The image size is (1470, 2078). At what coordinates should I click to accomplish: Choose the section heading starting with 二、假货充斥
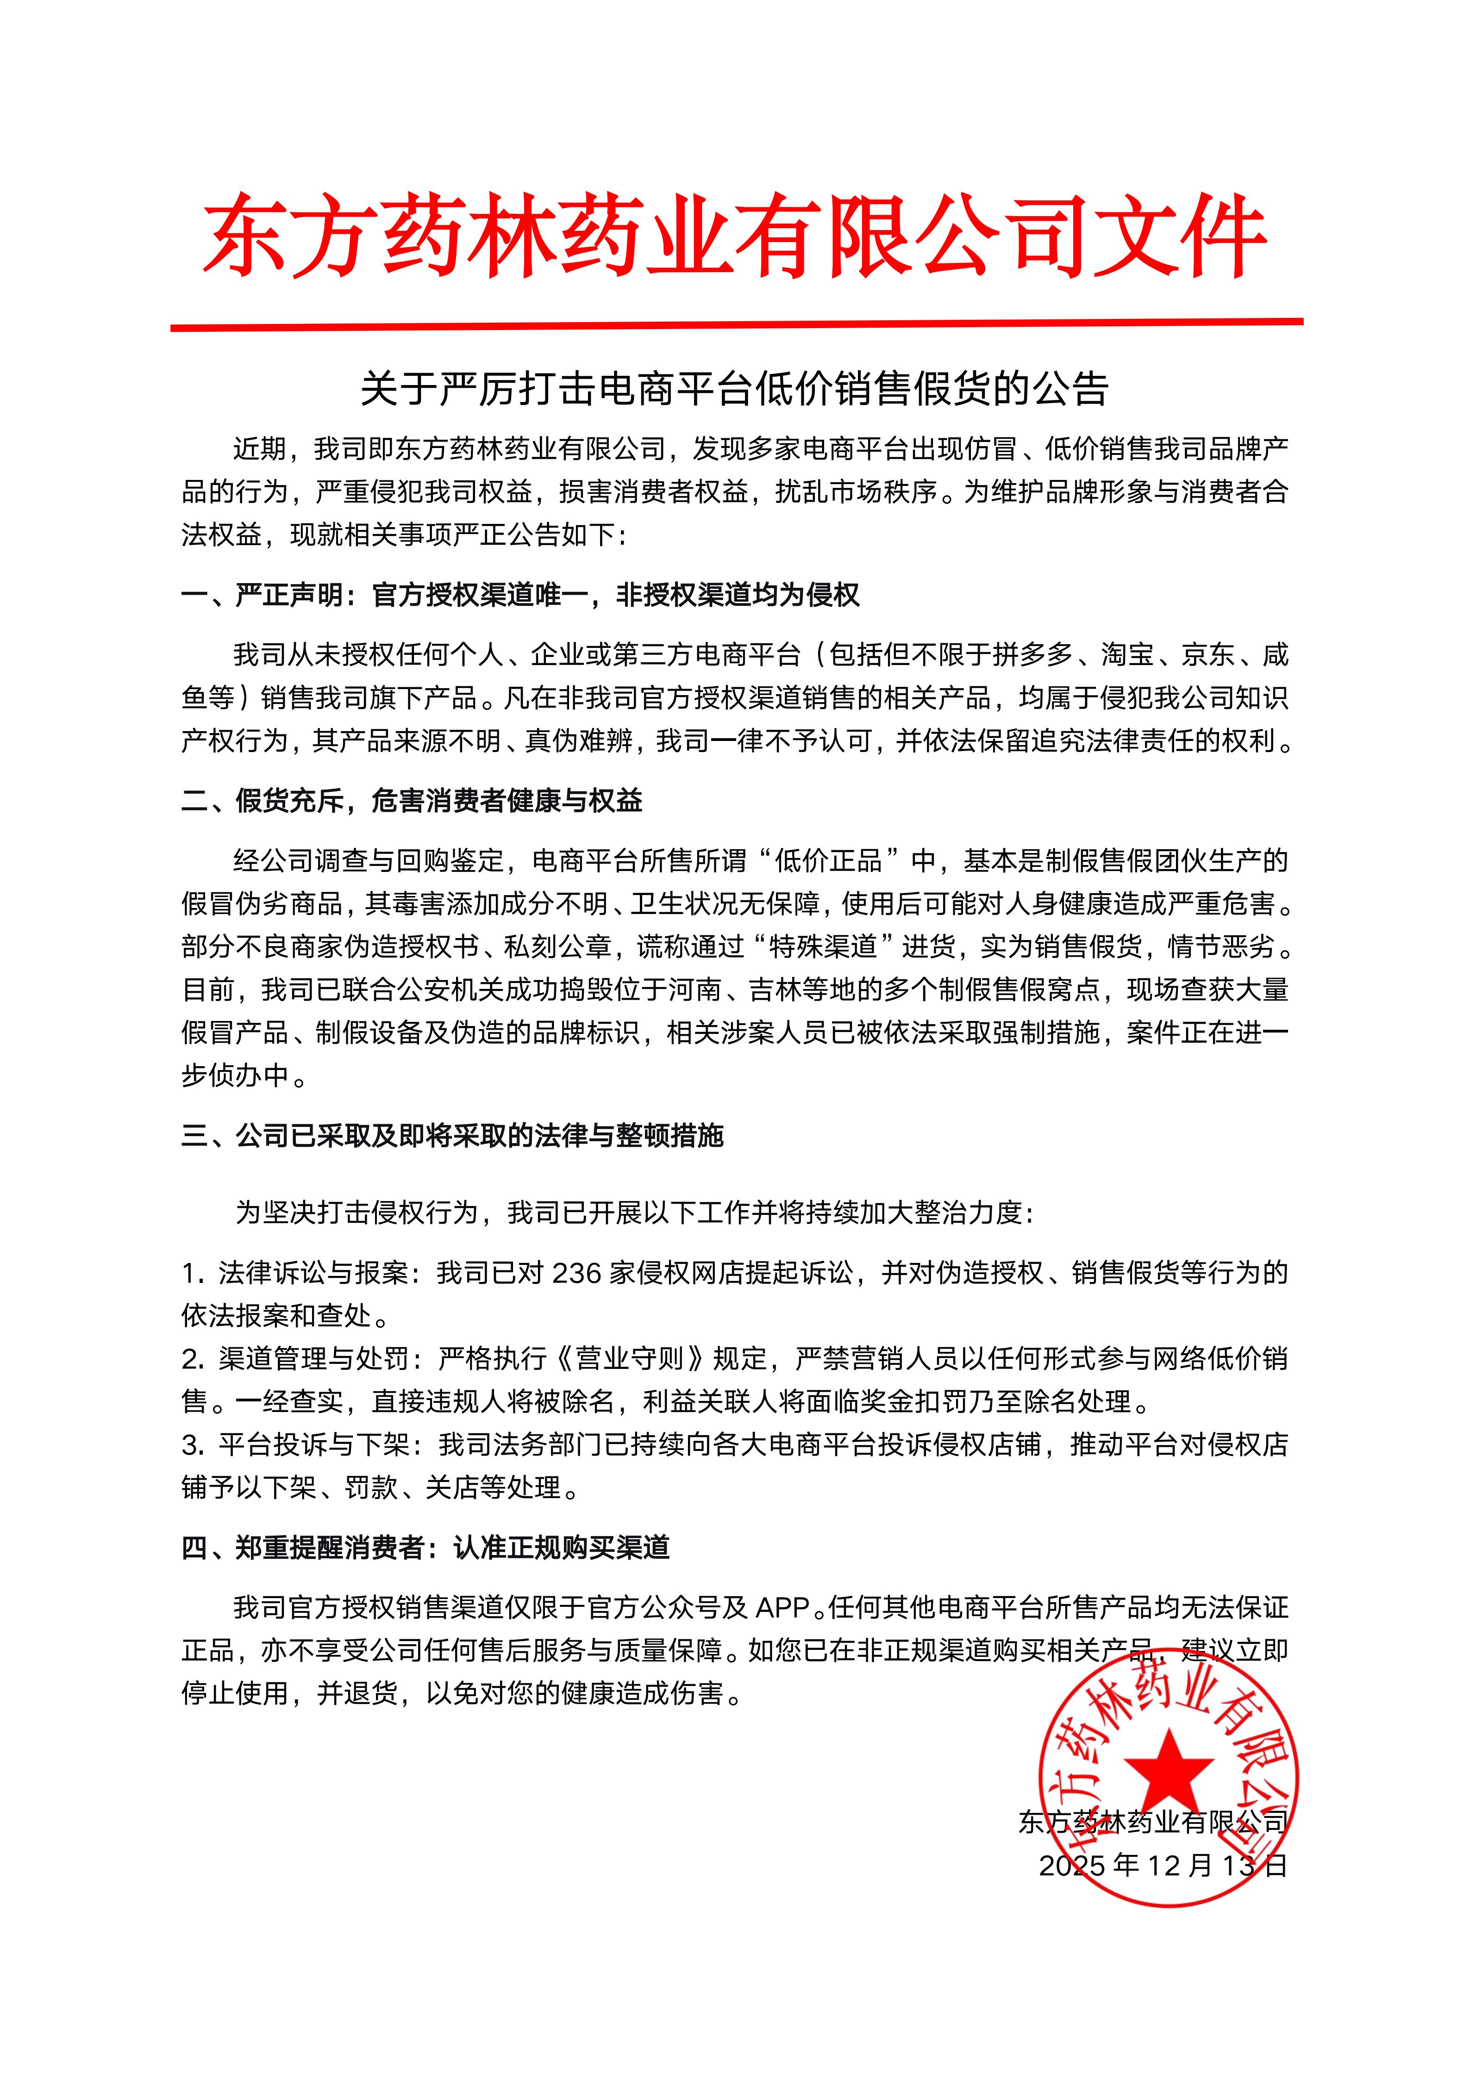click(412, 800)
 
